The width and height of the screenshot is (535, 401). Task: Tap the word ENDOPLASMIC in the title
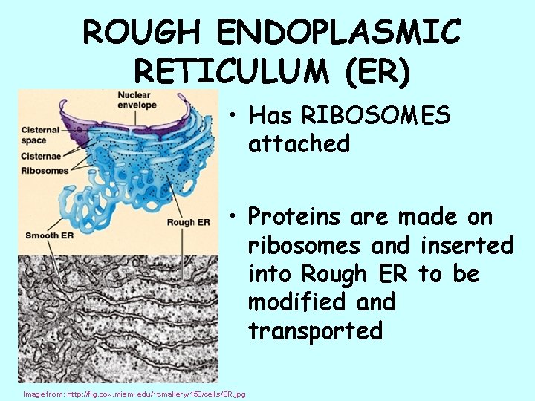pos(338,33)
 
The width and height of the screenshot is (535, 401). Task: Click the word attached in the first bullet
pos(299,143)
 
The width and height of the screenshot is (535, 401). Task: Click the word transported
pos(315,330)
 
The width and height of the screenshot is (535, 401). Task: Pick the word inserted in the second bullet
pos(467,245)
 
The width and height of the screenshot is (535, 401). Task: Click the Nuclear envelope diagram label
pos(137,100)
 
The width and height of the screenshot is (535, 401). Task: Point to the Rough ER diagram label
pos(189,222)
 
